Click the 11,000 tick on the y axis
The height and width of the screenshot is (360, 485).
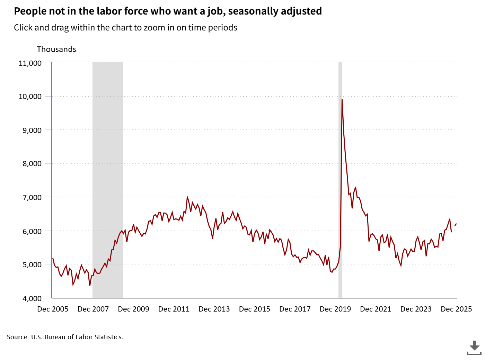[30, 63]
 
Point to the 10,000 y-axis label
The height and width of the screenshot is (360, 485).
[30, 97]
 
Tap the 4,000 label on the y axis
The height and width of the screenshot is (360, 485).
[32, 298]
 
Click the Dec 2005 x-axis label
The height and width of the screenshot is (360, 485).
[53, 309]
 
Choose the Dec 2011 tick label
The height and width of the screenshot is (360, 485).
[174, 309]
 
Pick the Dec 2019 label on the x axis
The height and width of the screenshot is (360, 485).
[335, 309]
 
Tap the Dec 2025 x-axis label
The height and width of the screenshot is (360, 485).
[456, 309]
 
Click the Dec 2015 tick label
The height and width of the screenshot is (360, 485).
[255, 309]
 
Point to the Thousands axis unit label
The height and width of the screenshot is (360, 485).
[56, 49]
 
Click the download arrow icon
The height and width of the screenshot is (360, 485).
[474, 347]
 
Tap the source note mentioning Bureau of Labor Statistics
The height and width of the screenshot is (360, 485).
[65, 337]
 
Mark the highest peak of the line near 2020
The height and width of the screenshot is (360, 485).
[342, 100]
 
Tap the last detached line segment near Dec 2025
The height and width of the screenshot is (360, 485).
[456, 225]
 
